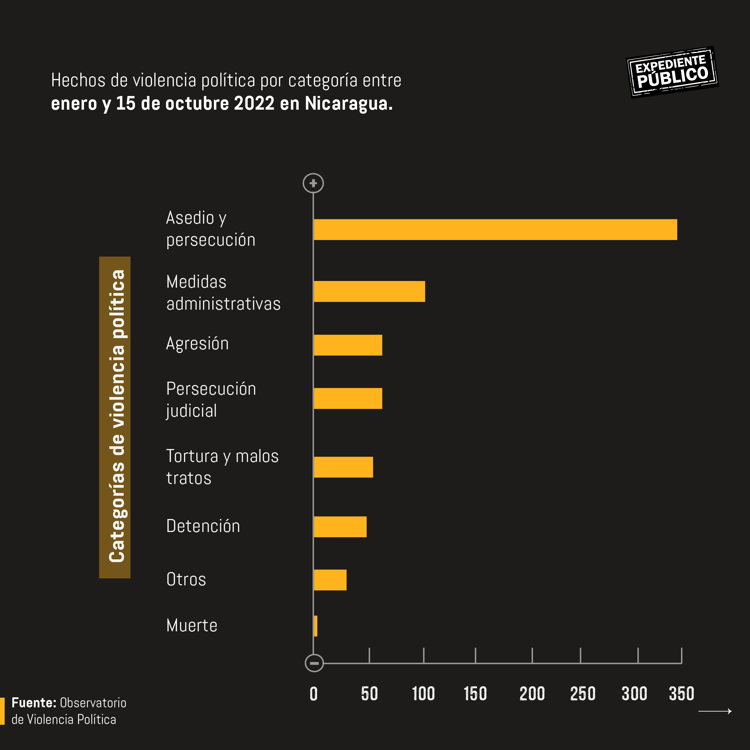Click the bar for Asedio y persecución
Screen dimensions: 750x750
tap(495, 229)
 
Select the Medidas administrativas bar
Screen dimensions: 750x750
tap(369, 291)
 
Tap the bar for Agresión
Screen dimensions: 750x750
tap(348, 345)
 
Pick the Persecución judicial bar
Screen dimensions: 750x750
tap(348, 398)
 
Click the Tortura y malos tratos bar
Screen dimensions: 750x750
tap(343, 467)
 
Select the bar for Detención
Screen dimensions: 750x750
tap(340, 527)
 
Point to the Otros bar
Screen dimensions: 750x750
tap(330, 580)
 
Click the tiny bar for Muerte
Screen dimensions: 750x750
tap(316, 626)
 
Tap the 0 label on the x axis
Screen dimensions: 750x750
tap(314, 694)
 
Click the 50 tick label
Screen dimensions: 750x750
tap(369, 694)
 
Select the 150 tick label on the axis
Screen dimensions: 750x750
tap(475, 694)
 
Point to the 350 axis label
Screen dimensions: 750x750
tap(681, 694)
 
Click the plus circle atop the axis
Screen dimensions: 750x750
tap(313, 183)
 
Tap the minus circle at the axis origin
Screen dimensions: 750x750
tap(314, 663)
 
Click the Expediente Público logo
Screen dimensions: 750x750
tap(672, 72)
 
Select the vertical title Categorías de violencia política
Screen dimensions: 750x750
tap(115, 417)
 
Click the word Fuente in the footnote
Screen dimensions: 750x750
tap(34, 703)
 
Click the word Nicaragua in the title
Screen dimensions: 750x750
tap(348, 104)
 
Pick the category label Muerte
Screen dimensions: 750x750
tap(192, 625)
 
